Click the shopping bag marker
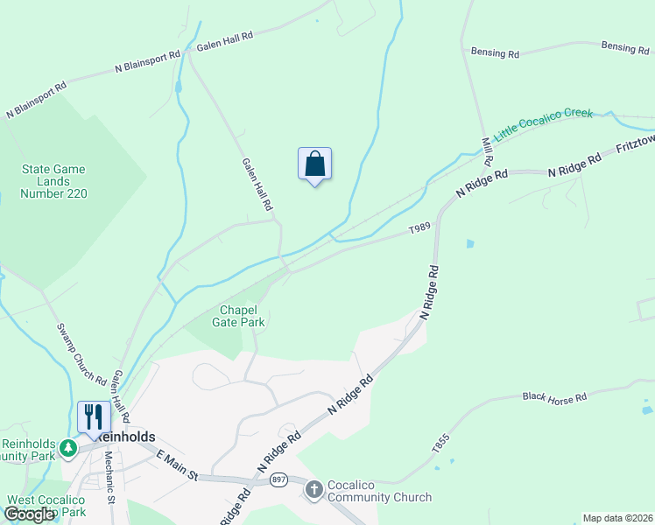pos(315,164)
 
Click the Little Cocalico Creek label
pos(543,124)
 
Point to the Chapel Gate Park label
pos(238,316)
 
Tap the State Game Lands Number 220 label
pos(54,181)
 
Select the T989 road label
pos(420,228)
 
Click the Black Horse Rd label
pos(554,398)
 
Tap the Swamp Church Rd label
pos(81,355)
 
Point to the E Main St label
pos(179,465)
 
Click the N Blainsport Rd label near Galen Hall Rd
pos(147,60)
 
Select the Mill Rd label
pos(487,150)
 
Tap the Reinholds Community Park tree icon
pos(68,449)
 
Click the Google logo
pos(29,514)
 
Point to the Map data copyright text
pos(618,518)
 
